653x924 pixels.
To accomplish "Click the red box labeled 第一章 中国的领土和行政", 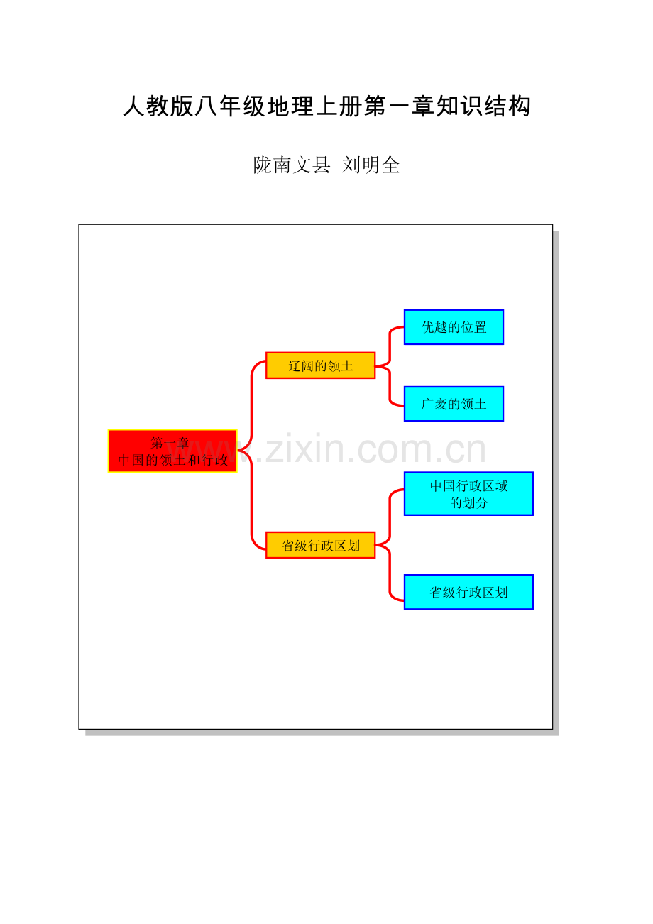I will coord(172,451).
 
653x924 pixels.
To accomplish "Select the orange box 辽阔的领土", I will coord(320,365).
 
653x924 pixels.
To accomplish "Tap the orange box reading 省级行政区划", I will coord(320,545).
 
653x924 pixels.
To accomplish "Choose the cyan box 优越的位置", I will coord(454,327).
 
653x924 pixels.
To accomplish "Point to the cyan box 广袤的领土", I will coord(454,404).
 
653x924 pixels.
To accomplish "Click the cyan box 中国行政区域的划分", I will coord(468,493).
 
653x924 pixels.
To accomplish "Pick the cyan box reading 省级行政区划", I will coord(468,592).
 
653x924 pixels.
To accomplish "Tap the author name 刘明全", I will coord(371,165).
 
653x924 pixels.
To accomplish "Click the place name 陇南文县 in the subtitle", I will coord(292,165).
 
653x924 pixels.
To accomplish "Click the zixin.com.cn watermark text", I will coord(369,450).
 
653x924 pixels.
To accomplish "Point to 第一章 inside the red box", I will coord(170,444).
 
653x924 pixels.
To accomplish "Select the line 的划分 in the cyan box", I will coord(468,503).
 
